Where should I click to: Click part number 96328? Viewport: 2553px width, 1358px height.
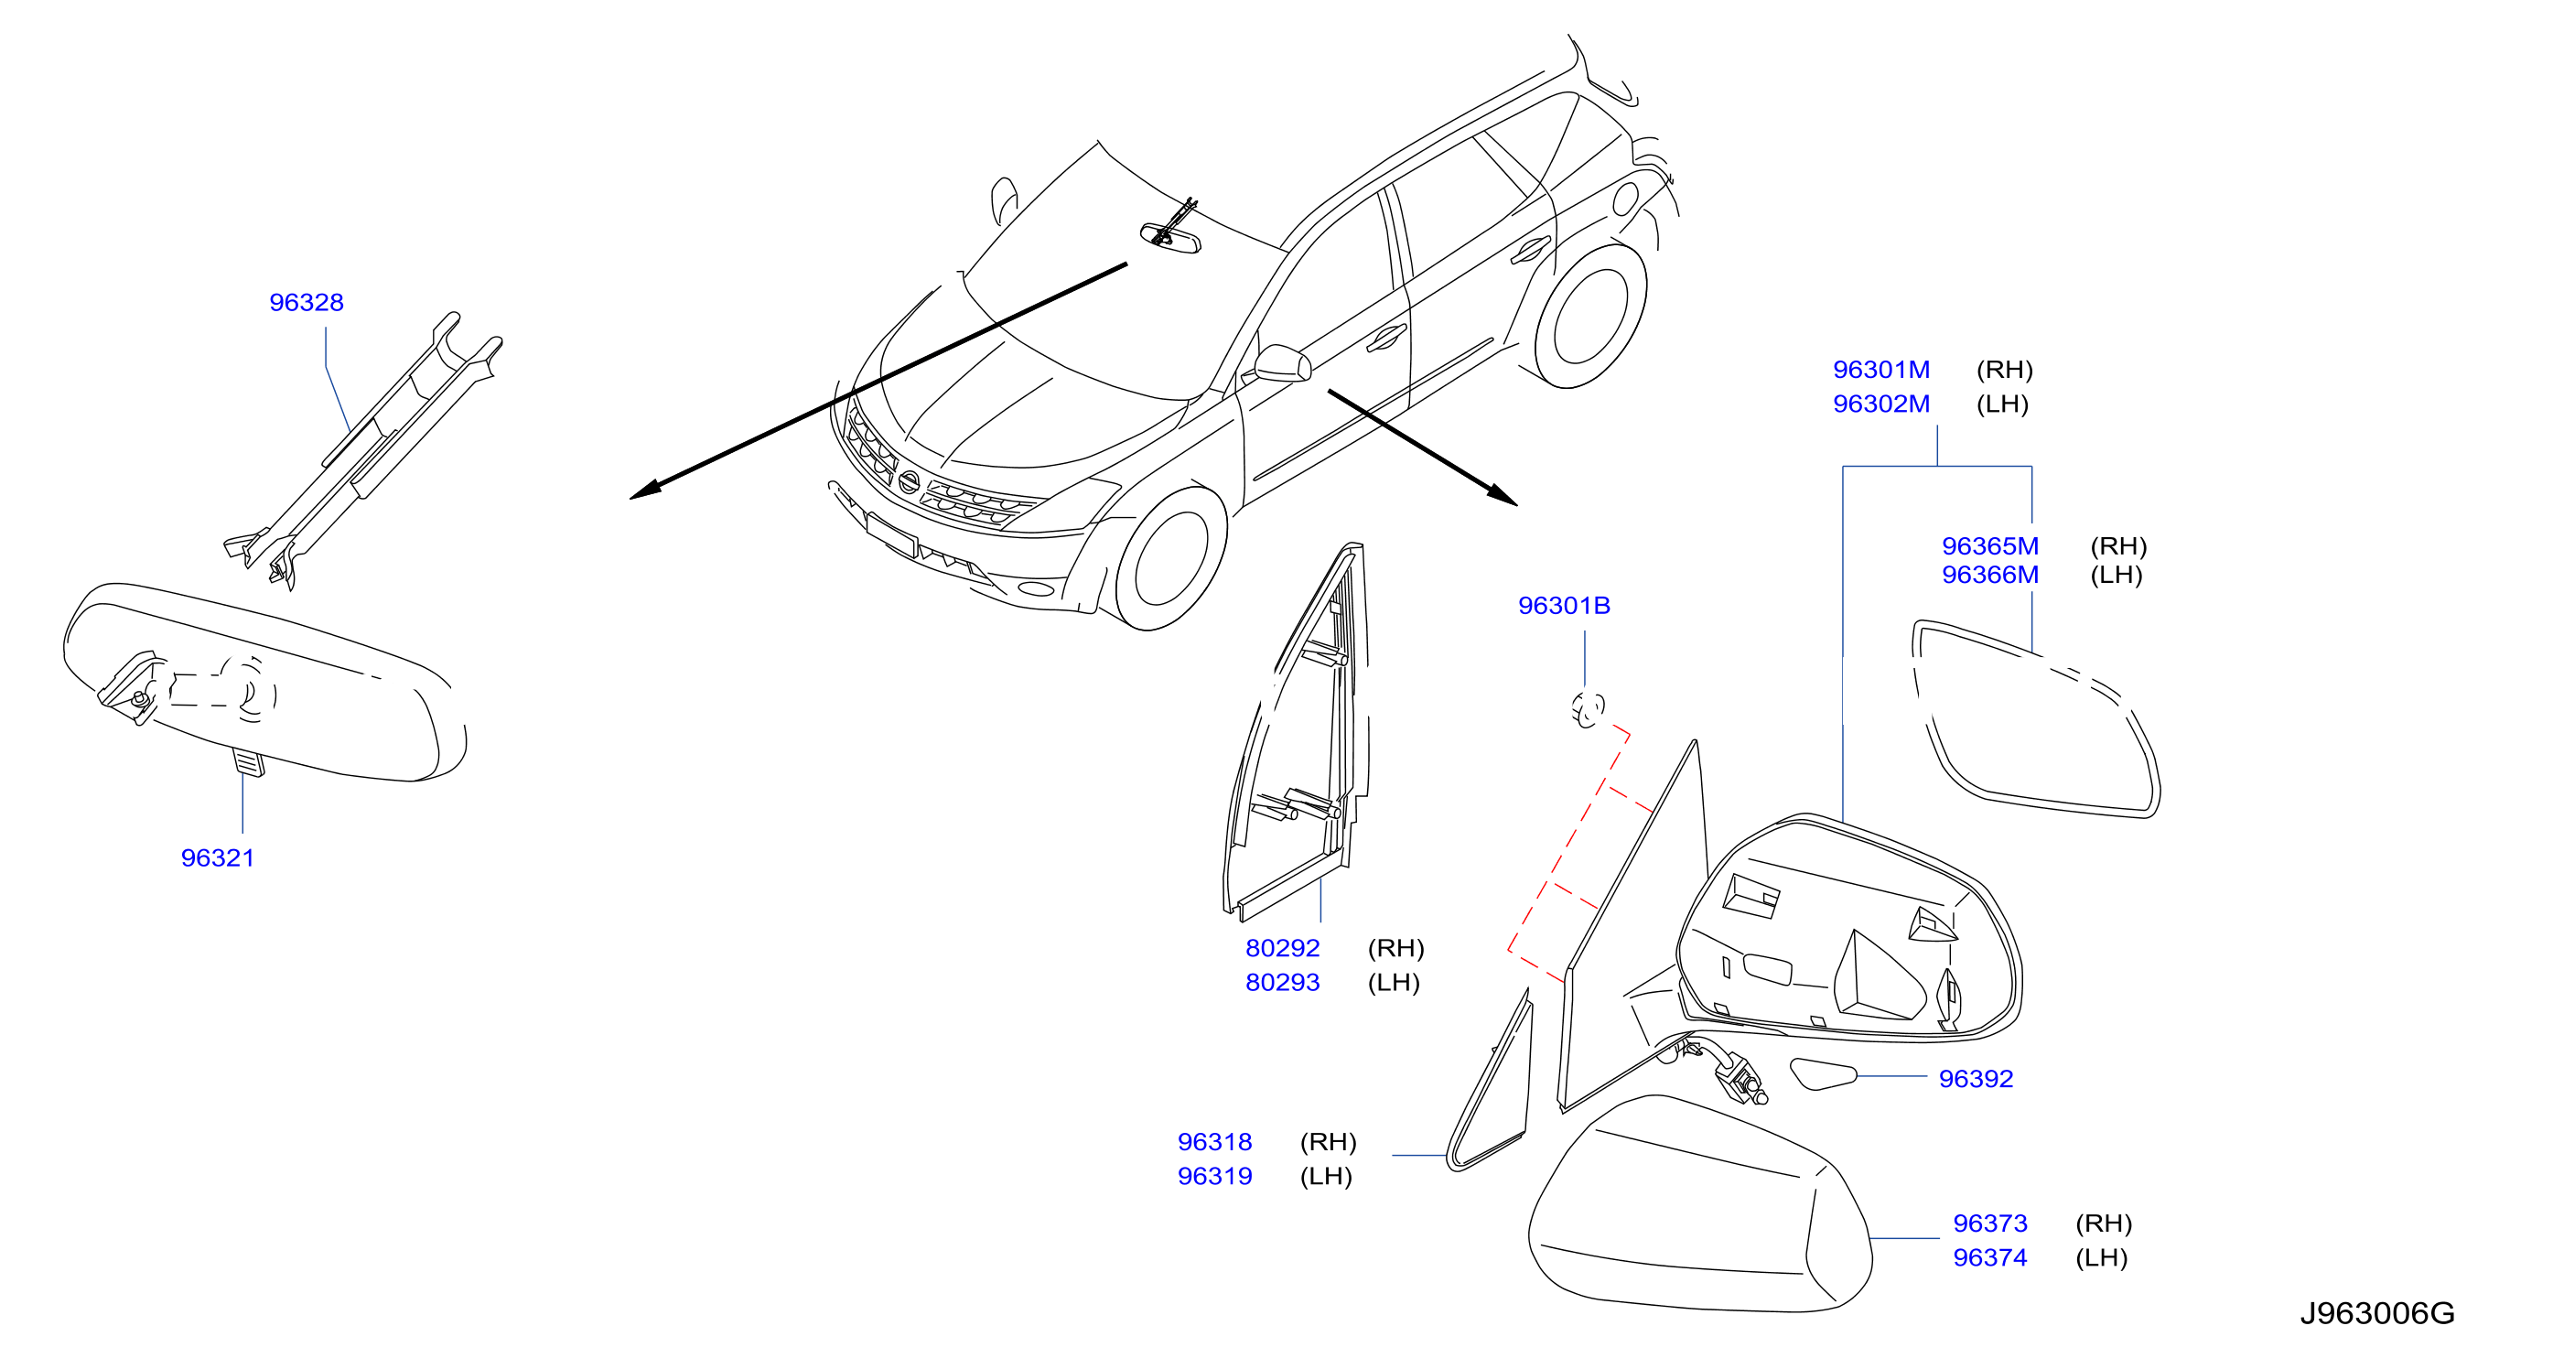[x=307, y=302]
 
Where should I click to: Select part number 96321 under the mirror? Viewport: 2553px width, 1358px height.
[x=217, y=857]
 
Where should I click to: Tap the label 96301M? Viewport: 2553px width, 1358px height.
[x=1881, y=370]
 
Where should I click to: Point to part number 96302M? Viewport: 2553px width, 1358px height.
[x=1881, y=404]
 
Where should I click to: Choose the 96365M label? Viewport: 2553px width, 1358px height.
[x=1990, y=546]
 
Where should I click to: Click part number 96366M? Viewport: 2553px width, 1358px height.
[x=1990, y=575]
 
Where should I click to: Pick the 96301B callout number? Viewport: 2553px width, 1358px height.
[x=1564, y=606]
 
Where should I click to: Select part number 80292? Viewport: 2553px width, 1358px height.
[x=1282, y=949]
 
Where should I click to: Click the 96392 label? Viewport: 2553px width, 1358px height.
[x=1977, y=1079]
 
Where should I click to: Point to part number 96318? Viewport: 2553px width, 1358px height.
[x=1215, y=1142]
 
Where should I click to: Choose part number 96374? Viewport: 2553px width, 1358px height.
[x=1990, y=1258]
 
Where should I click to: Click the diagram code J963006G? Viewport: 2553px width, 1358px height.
[x=2376, y=1313]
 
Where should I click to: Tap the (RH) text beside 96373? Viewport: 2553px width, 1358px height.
[x=2104, y=1223]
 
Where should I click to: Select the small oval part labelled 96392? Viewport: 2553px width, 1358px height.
[x=1823, y=1073]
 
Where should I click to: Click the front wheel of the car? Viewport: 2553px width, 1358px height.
[x=1171, y=558]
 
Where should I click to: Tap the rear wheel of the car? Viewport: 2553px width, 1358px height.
[x=1590, y=315]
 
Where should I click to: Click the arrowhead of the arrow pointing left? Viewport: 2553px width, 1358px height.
[x=645, y=490]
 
